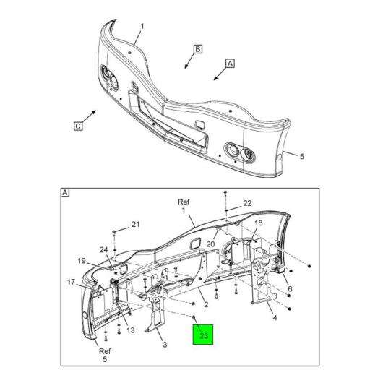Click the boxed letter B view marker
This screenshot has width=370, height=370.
(197, 49)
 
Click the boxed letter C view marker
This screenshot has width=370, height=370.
(78, 126)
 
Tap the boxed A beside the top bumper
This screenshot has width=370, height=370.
(230, 64)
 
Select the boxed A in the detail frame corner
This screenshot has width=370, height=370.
(65, 193)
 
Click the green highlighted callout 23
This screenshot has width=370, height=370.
(203, 335)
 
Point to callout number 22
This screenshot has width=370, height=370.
(247, 203)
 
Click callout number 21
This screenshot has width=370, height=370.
(135, 224)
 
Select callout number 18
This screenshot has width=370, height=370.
(259, 223)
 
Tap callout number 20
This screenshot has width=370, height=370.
(210, 244)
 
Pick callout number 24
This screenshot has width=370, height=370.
(104, 250)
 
